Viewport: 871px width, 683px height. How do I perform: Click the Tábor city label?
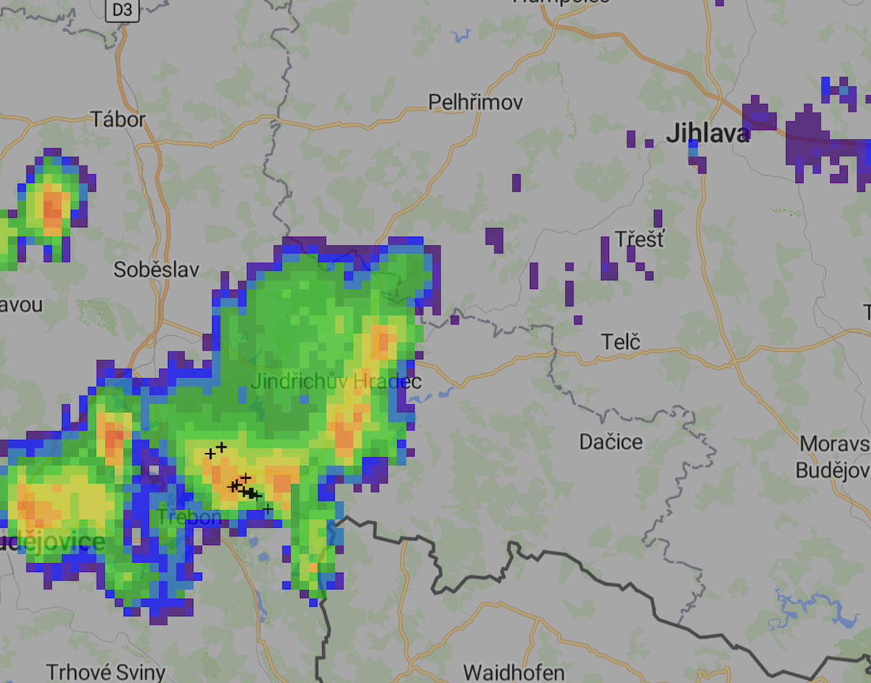pyautogui.click(x=118, y=120)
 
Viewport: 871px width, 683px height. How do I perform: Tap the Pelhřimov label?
pyautogui.click(x=475, y=103)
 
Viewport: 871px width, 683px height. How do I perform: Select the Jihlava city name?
pyautogui.click(x=708, y=133)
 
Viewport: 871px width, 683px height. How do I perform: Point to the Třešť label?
pyautogui.click(x=639, y=239)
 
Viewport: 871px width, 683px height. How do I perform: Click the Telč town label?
pyautogui.click(x=621, y=341)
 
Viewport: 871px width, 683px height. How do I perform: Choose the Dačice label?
pyautogui.click(x=610, y=442)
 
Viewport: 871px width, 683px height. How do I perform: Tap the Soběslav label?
pyautogui.click(x=156, y=270)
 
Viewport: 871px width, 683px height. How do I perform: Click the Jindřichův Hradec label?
pyautogui.click(x=336, y=382)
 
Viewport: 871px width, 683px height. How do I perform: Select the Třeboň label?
pyautogui.click(x=188, y=517)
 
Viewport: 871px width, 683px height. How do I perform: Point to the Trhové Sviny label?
pyautogui.click(x=105, y=672)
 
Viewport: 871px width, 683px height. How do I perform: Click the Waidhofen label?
pyautogui.click(x=514, y=672)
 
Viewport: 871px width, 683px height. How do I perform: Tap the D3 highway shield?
pyautogui.click(x=122, y=10)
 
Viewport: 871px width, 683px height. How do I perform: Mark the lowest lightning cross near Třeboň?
pyautogui.click(x=268, y=509)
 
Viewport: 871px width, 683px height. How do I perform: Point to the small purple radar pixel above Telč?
pyautogui.click(x=578, y=320)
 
